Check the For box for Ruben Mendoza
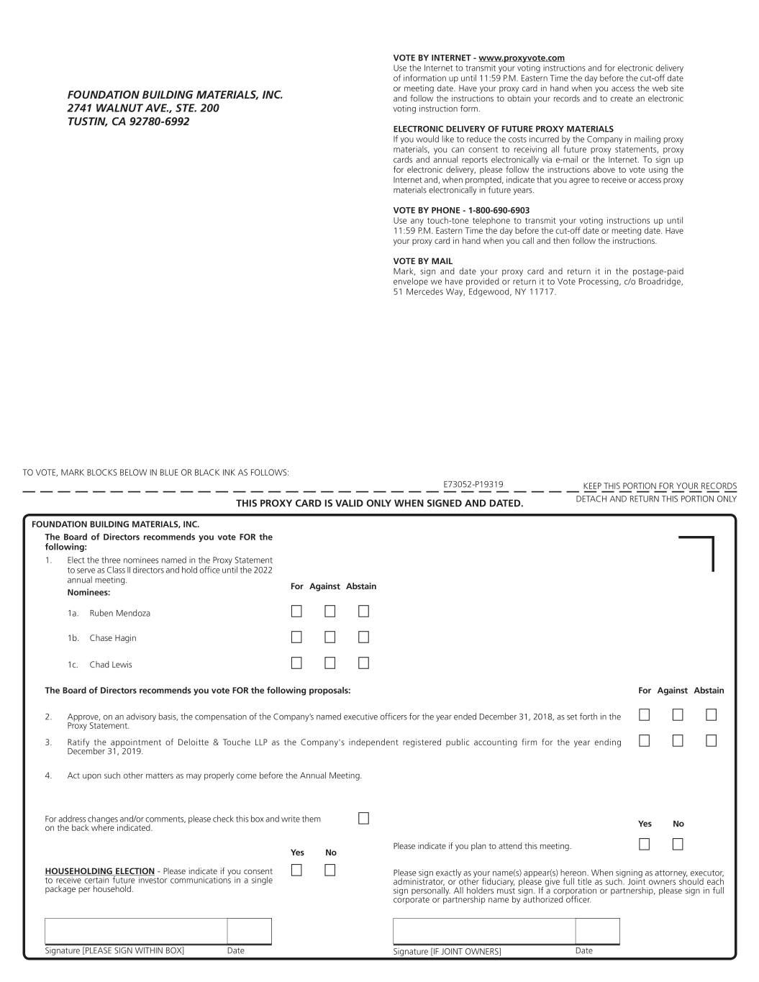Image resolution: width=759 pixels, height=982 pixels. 296,612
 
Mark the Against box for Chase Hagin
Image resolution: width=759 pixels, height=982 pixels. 329,637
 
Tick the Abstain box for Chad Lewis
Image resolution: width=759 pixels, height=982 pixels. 363,663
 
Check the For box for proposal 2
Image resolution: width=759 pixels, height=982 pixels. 644,715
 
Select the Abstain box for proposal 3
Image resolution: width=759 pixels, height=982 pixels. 711,740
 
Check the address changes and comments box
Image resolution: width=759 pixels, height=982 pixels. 363,819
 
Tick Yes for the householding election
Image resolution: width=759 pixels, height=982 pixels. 296,870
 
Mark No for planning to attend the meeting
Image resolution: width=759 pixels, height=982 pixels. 678,845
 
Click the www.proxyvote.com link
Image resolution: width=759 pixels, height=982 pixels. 522,58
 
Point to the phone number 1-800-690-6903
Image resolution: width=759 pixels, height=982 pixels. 499,211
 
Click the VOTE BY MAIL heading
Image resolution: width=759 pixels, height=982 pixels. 423,261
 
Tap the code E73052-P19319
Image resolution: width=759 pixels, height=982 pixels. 473,485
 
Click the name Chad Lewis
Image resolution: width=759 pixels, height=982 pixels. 111,665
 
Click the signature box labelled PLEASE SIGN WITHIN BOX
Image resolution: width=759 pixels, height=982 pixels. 136,931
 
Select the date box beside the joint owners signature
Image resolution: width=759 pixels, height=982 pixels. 597,931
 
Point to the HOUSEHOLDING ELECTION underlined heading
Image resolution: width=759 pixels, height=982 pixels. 99,871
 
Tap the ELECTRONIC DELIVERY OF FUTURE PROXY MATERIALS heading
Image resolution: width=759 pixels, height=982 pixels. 503,129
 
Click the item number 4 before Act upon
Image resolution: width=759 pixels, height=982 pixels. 48,776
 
